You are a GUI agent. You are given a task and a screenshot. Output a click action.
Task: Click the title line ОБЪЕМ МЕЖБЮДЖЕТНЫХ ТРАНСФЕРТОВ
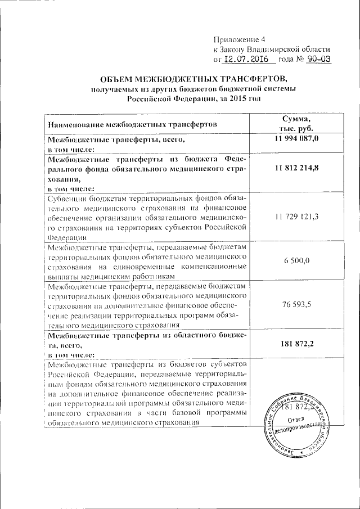pos(193,78)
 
